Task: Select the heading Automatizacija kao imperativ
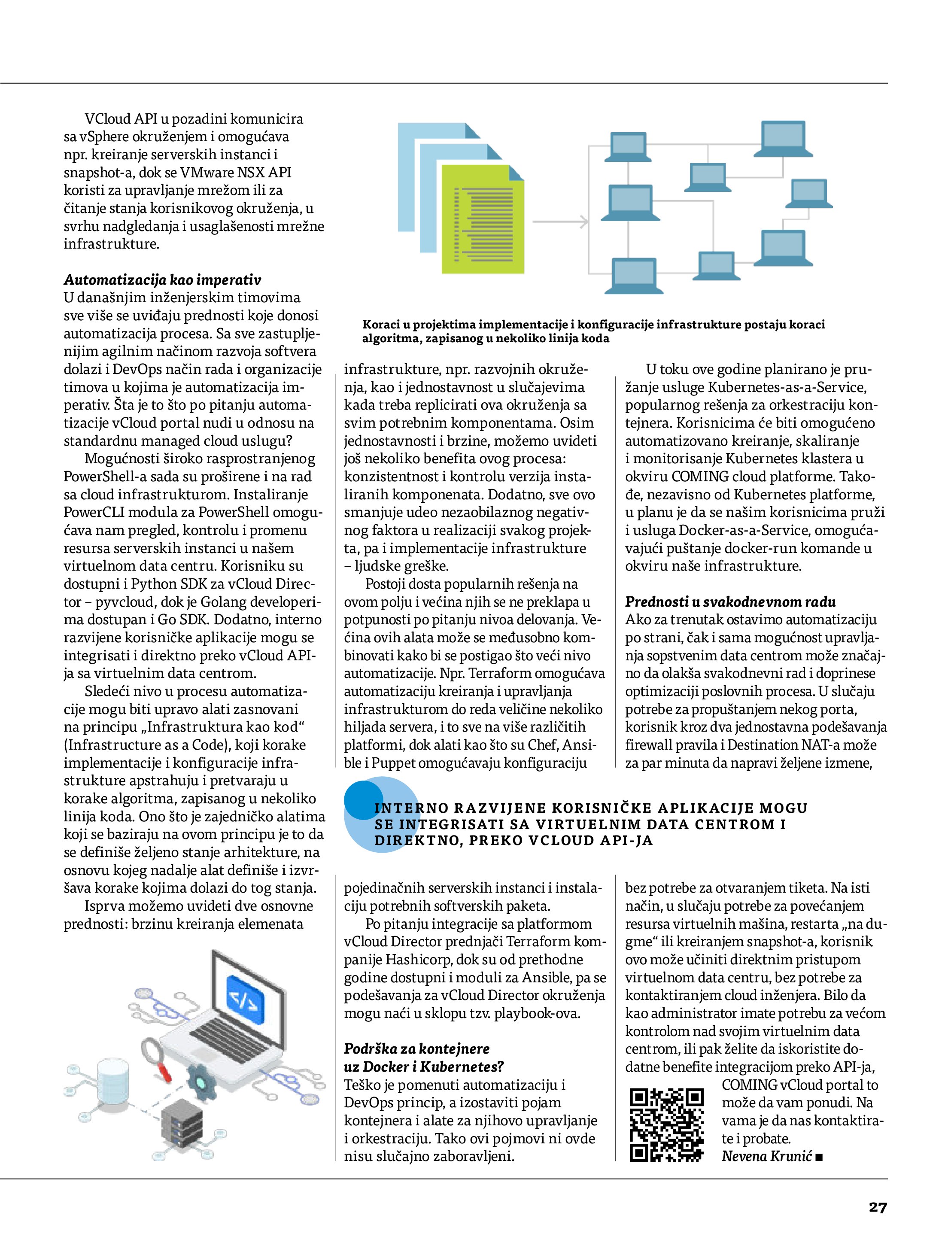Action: click(162, 280)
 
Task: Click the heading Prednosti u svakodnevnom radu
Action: click(730, 602)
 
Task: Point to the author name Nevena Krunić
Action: click(766, 1156)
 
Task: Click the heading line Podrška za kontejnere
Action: click(416, 1048)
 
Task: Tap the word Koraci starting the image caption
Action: click(381, 325)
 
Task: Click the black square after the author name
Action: click(819, 1157)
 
